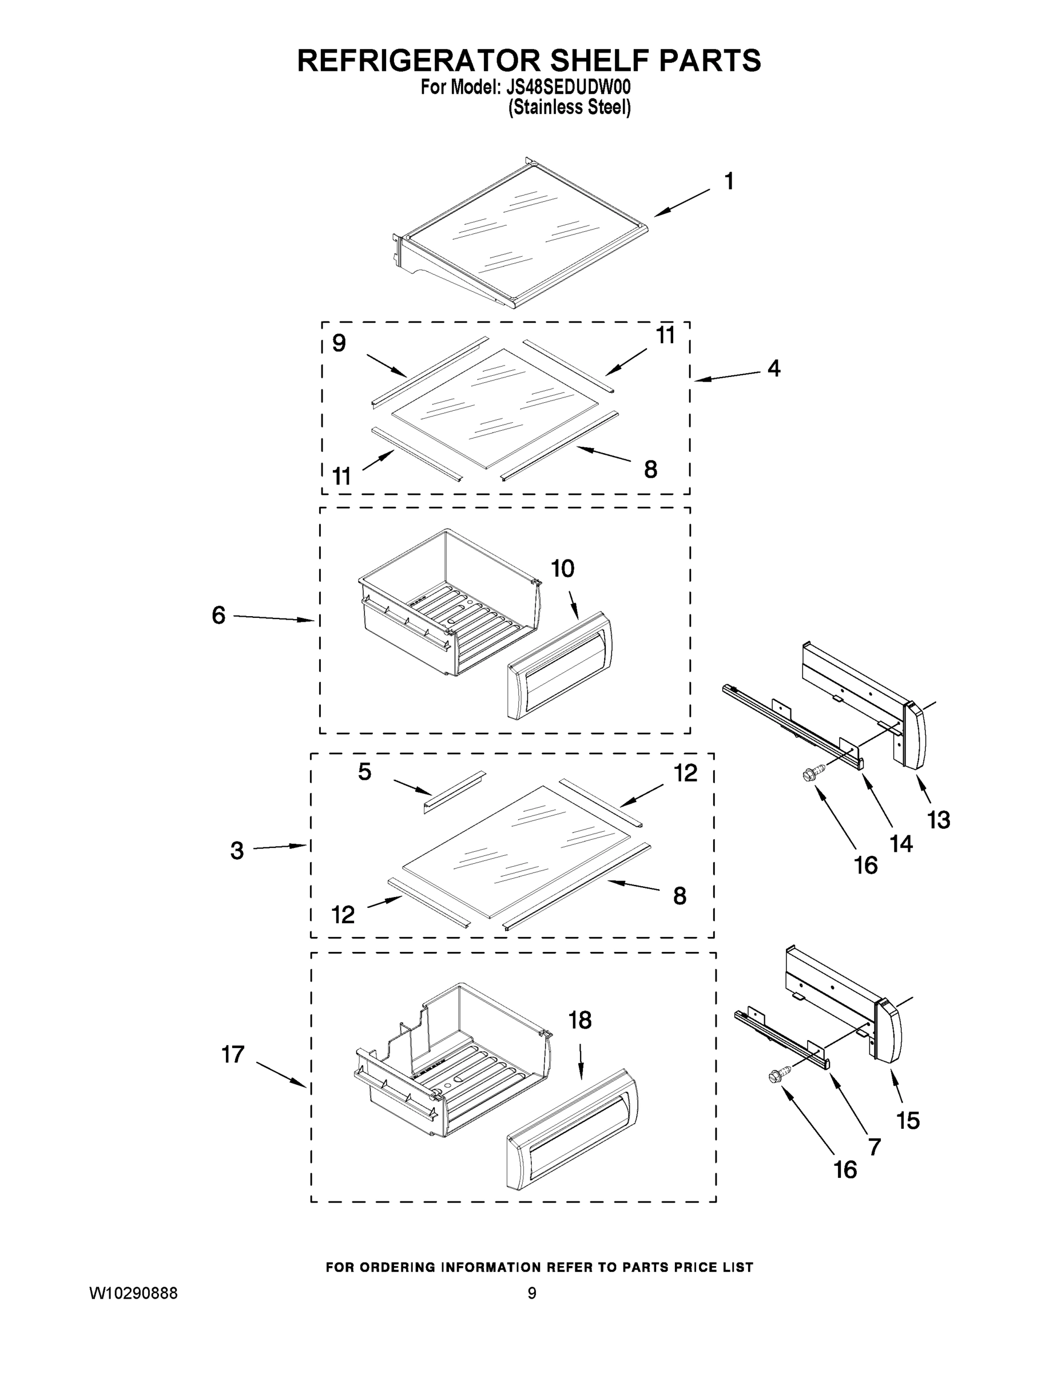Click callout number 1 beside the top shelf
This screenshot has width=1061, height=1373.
pos(729,182)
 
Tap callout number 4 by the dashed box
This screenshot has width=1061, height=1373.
pos(774,368)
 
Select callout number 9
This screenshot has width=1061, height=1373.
pos(339,343)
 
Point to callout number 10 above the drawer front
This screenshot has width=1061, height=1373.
pos(563,569)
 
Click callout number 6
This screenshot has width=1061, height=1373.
pos(218,616)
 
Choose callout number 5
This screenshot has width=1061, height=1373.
pos(364,772)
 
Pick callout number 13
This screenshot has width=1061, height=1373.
pos(939,820)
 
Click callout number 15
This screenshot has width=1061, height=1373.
pos(908,1120)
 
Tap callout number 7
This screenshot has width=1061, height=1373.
pos(875,1146)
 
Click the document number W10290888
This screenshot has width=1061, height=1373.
pos(134,1293)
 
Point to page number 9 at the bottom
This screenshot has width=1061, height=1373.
pos(532,1293)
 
